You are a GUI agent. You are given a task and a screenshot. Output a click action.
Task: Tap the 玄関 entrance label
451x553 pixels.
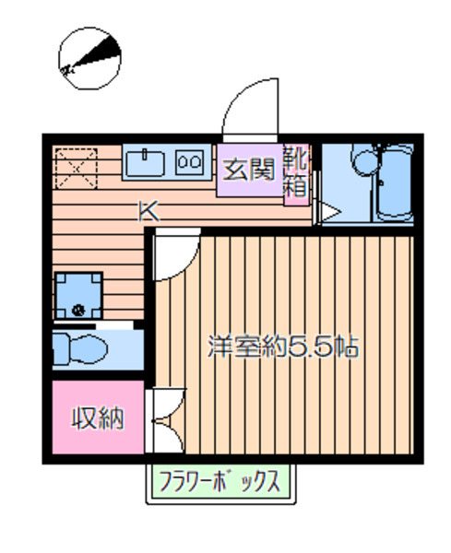pyautogui.click(x=247, y=170)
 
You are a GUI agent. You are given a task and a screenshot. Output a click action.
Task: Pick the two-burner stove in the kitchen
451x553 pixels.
pyautogui.click(x=191, y=163)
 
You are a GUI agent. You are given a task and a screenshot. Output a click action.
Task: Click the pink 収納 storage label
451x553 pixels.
pyautogui.click(x=98, y=419)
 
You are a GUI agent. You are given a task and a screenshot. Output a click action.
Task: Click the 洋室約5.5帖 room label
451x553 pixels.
pyautogui.click(x=282, y=349)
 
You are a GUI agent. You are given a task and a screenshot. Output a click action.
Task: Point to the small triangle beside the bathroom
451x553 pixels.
pyautogui.click(x=327, y=214)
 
